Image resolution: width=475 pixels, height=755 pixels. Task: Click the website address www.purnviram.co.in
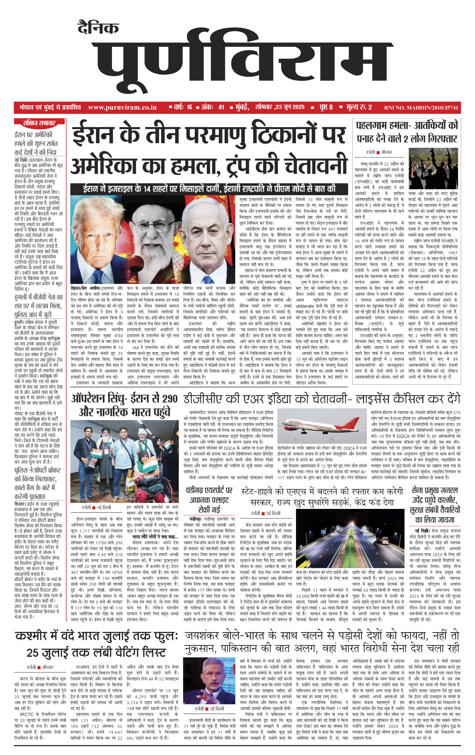[x=122, y=107]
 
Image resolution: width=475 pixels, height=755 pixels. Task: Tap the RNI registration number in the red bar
[x=421, y=108]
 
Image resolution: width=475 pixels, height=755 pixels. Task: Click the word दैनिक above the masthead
[x=98, y=28]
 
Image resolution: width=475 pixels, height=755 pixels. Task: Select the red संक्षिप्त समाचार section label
[x=39, y=123]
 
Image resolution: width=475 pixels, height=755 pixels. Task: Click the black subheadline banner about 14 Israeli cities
[x=209, y=189]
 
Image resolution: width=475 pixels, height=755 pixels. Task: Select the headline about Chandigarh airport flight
[x=209, y=500]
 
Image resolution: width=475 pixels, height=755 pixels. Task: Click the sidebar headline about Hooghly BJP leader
[x=39, y=306]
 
